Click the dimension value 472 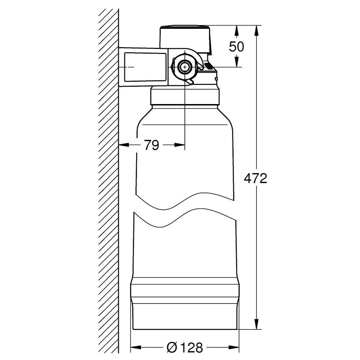coord(255,179)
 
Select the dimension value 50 coord(236,47)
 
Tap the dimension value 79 coord(152,145)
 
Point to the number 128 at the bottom coord(191,348)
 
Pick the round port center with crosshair coord(185,67)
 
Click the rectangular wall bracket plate coord(145,67)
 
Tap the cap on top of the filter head coord(185,37)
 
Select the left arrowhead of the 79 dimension coord(124,145)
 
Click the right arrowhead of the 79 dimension coord(180,145)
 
